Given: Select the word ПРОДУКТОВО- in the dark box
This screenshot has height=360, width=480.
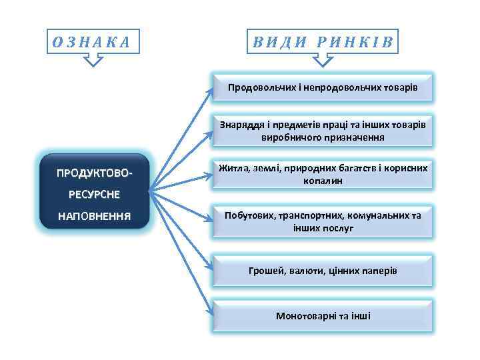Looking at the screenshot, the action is point(94,173).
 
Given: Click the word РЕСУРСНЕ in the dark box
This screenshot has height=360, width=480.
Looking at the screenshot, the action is point(94,194).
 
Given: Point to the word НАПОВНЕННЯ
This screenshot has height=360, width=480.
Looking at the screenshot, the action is point(94,215).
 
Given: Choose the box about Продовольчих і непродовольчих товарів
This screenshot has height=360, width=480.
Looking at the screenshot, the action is point(323,87).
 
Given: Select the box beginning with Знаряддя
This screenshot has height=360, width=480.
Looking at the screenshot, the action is point(323,131).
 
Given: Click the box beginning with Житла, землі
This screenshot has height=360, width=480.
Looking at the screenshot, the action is point(323,174).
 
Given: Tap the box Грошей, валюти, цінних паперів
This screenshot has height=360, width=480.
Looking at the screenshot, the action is point(323,271).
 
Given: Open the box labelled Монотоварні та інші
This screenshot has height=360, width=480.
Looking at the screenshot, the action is point(323,315).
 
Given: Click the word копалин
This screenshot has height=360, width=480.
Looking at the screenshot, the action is point(323,181).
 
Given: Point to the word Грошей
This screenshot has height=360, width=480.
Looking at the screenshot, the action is point(265,271).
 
